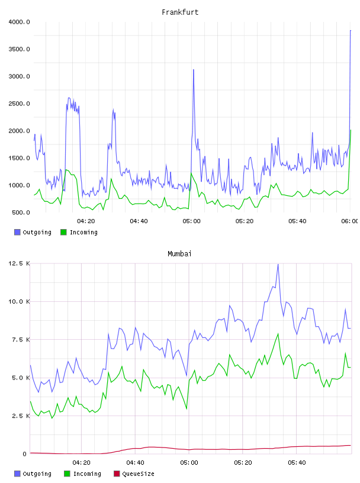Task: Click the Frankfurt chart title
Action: pyautogui.click(x=180, y=12)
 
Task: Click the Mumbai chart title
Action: pyautogui.click(x=179, y=254)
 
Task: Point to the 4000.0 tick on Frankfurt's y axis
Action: pyautogui.click(x=19, y=22)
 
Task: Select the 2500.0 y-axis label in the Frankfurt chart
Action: pyautogui.click(x=19, y=104)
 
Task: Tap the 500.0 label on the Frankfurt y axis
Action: pyautogui.click(x=21, y=212)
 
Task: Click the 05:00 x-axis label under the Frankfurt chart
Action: pyautogui.click(x=191, y=221)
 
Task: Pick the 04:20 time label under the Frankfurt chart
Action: pyautogui.click(x=86, y=221)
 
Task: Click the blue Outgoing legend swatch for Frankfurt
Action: pyautogui.click(x=17, y=232)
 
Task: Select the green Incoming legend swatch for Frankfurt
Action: pyautogui.click(x=63, y=232)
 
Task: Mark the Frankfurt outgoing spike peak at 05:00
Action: pyautogui.click(x=194, y=70)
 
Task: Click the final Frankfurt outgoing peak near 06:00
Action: pyautogui.click(x=351, y=31)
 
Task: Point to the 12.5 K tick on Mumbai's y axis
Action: pyautogui.click(x=19, y=263)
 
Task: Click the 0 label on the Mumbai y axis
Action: pyautogui.click(x=24, y=454)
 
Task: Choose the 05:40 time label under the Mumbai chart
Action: pyautogui.click(x=297, y=463)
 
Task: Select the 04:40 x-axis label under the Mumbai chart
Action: pyautogui.click(x=135, y=463)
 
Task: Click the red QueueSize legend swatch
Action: pyautogui.click(x=117, y=474)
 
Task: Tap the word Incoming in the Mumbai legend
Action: pyautogui.click(x=87, y=474)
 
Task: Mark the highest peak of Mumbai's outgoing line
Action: pyautogui.click(x=278, y=265)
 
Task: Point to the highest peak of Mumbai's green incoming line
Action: pyautogui.click(x=278, y=334)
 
